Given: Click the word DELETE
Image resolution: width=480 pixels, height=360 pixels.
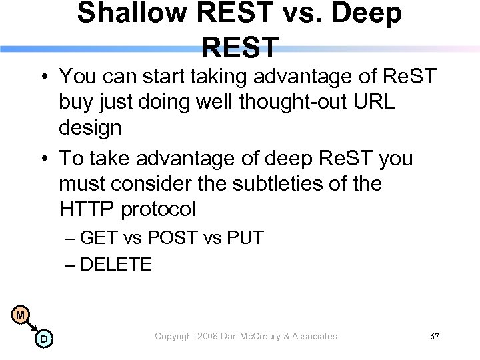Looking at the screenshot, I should (116, 265).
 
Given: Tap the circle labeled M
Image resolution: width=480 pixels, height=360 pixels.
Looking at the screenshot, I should (21, 315).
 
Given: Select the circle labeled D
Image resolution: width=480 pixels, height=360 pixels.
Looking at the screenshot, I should (43, 339).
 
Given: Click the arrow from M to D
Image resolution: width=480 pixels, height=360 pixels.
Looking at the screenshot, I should (32, 327).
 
